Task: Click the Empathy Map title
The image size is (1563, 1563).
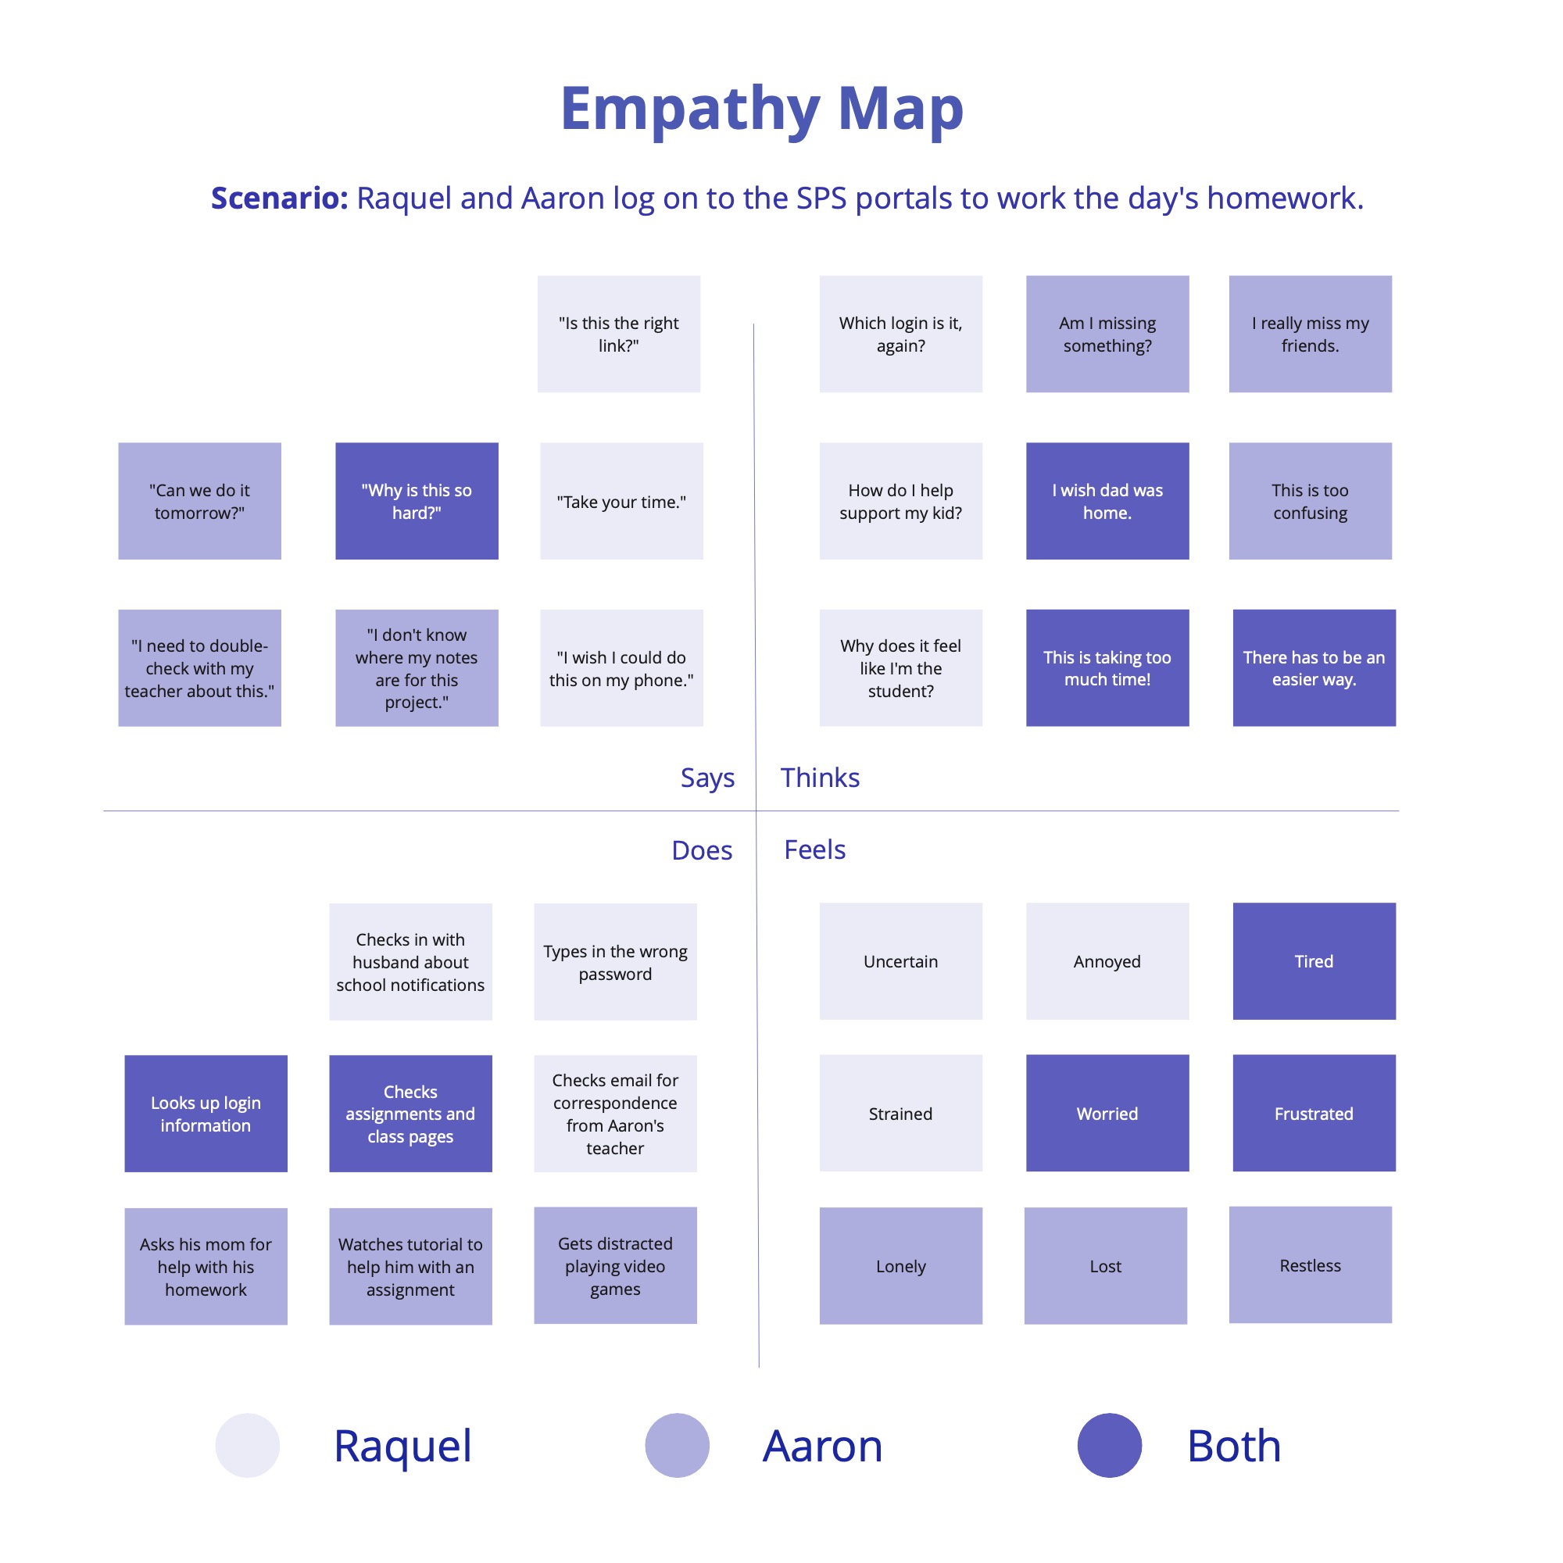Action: tap(761, 109)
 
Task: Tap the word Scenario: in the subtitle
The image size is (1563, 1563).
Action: tap(279, 199)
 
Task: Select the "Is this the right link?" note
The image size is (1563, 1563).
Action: tap(619, 334)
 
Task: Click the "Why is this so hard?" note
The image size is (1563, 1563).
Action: tap(417, 501)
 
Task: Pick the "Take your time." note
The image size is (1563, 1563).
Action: tap(621, 501)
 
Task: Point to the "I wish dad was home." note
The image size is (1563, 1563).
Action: tap(1107, 501)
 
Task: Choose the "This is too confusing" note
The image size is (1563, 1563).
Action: tap(1310, 501)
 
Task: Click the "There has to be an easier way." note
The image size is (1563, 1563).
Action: tap(1314, 667)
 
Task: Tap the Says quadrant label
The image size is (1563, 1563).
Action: tap(707, 778)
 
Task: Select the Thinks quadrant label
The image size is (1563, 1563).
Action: tap(820, 778)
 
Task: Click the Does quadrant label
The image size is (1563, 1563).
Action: tap(702, 850)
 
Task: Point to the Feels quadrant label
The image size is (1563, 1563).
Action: tap(814, 849)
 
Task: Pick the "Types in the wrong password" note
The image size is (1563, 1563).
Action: tap(615, 961)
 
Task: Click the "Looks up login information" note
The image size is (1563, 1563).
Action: tap(206, 1113)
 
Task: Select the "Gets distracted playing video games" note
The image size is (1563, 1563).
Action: tap(615, 1265)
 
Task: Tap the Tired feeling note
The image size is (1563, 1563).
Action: tap(1314, 961)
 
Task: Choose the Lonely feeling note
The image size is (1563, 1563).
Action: tap(900, 1265)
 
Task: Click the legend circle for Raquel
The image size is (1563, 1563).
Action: tap(248, 1445)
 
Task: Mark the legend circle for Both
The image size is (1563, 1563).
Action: tap(1109, 1445)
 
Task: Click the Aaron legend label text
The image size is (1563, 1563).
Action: tap(822, 1446)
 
